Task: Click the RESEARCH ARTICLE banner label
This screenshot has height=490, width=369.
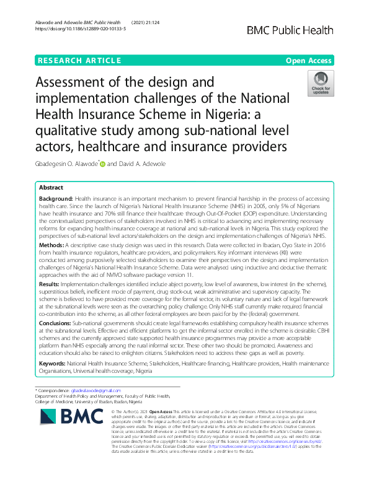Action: (79, 60)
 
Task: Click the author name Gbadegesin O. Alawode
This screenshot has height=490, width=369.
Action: (66, 164)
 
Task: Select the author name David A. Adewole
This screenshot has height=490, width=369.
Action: (161, 164)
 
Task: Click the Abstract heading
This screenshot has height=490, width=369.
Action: (51, 187)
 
